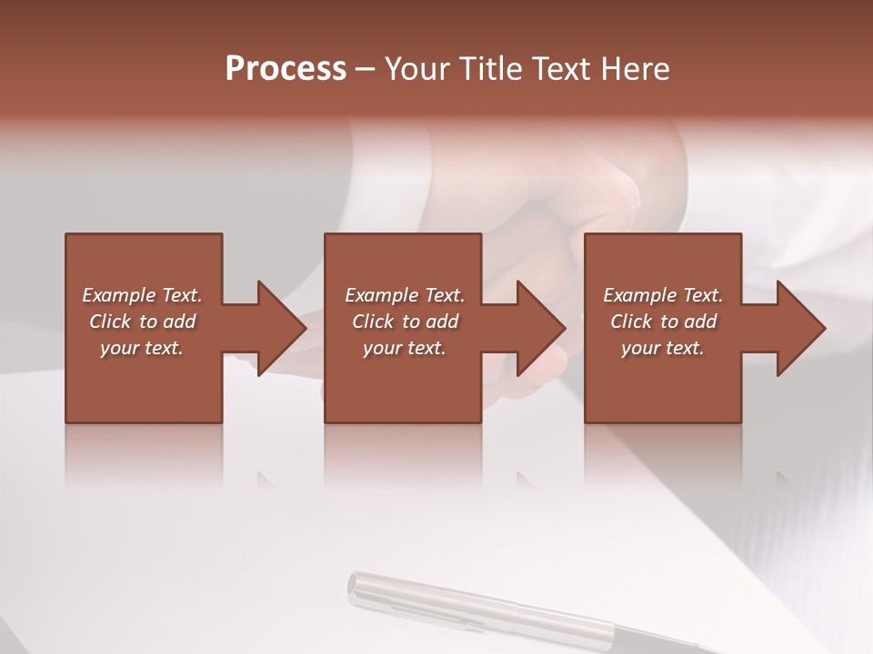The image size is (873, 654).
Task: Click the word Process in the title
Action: click(286, 69)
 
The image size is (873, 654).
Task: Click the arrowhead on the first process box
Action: click(276, 328)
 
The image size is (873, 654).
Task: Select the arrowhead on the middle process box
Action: click(536, 328)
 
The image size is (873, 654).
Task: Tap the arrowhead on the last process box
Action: click(797, 328)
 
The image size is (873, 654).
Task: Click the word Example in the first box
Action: click(118, 295)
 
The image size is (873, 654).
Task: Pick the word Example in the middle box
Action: click(381, 295)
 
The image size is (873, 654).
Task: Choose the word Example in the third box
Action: click(639, 295)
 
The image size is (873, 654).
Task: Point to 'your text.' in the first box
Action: click(142, 348)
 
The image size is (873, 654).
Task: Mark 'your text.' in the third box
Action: click(662, 348)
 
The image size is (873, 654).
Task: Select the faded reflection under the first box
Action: click(143, 454)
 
